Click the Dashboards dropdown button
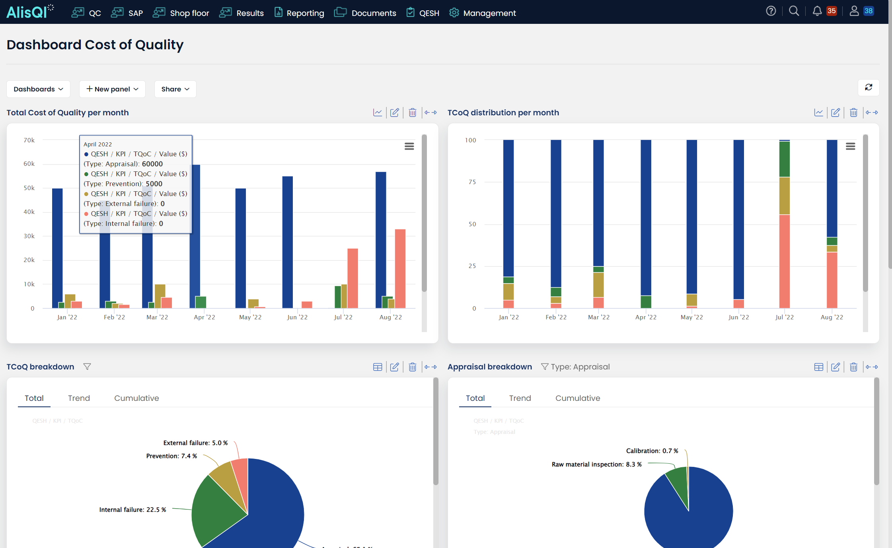click(x=38, y=89)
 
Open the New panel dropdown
click(x=112, y=89)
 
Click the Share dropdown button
click(x=175, y=89)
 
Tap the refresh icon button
click(x=869, y=87)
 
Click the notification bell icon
click(x=817, y=11)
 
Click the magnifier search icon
click(x=794, y=11)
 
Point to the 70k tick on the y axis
click(x=29, y=140)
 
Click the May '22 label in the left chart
click(x=250, y=317)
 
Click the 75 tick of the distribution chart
click(x=472, y=182)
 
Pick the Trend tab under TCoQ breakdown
click(x=79, y=398)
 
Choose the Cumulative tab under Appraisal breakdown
click(x=577, y=398)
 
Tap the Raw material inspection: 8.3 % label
click(x=596, y=464)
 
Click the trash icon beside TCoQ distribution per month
click(x=853, y=113)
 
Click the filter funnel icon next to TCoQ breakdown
click(x=87, y=367)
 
